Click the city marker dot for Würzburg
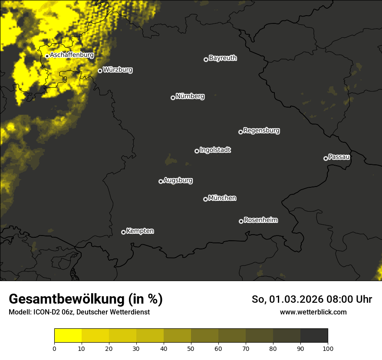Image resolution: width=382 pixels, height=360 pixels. (100, 71)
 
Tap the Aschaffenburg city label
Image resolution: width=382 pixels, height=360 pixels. (72, 55)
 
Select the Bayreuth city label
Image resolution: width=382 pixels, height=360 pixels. (223, 58)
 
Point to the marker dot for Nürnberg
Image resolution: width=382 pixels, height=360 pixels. (173, 98)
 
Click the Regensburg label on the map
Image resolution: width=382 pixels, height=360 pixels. (261, 130)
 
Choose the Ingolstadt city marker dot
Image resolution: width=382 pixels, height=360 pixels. (197, 151)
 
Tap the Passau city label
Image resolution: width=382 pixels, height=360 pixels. (339, 157)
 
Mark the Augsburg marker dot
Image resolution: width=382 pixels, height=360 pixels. (161, 181)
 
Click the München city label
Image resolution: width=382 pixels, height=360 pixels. (222, 198)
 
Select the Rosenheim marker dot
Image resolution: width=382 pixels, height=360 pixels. (241, 221)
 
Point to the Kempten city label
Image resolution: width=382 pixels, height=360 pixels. (140, 231)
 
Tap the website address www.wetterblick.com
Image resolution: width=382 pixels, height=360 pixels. (313, 312)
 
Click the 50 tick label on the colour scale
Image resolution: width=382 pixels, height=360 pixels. (191, 348)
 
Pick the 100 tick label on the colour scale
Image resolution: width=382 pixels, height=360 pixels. (328, 348)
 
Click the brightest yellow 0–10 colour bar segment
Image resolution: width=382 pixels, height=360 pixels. (68, 336)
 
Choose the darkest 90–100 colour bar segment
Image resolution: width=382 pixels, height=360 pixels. (314, 336)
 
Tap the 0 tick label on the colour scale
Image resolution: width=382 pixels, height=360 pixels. (54, 348)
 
